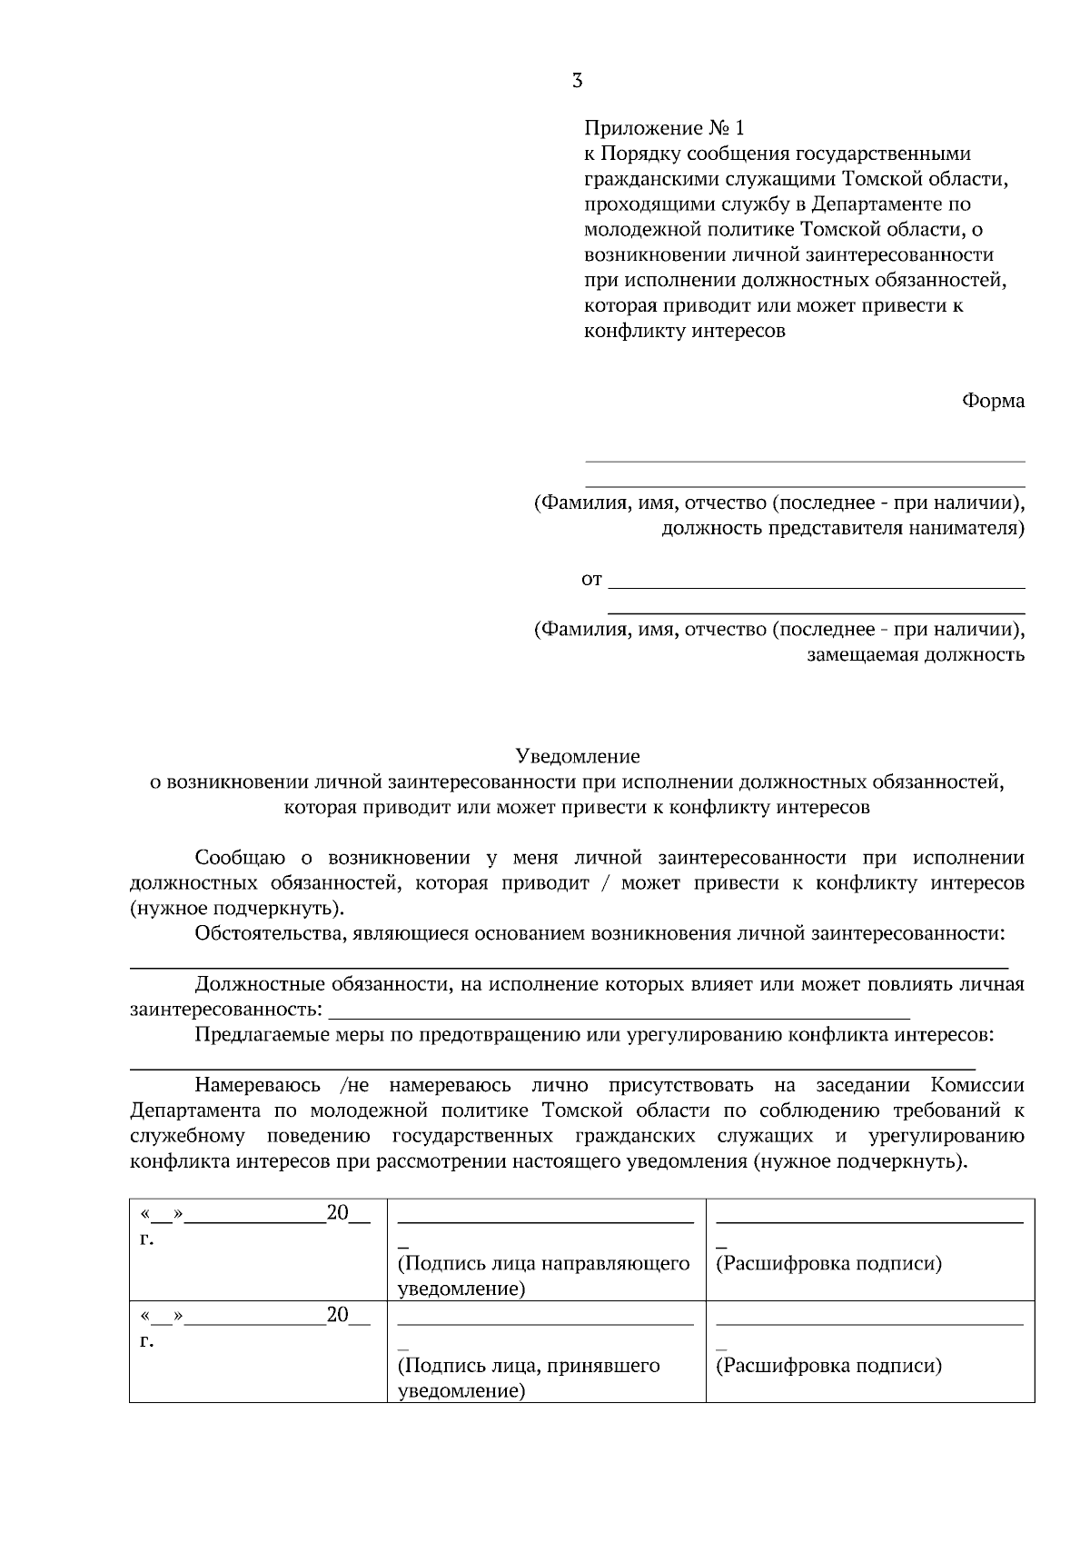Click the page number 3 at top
click(577, 81)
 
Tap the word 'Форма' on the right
click(994, 401)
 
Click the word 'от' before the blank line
click(591, 579)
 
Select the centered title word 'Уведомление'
click(578, 756)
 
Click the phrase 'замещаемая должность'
click(916, 654)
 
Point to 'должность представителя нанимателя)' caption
click(842, 528)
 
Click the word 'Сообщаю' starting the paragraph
click(241, 858)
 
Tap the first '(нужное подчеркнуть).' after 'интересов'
click(237, 908)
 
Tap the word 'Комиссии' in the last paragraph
click(977, 1085)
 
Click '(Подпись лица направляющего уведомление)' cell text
click(543, 1276)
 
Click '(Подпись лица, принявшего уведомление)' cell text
click(529, 1378)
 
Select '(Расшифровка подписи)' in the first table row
click(828, 1264)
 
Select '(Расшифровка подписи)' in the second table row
click(828, 1366)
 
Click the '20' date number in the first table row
click(337, 1213)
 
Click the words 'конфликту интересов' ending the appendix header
click(684, 331)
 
